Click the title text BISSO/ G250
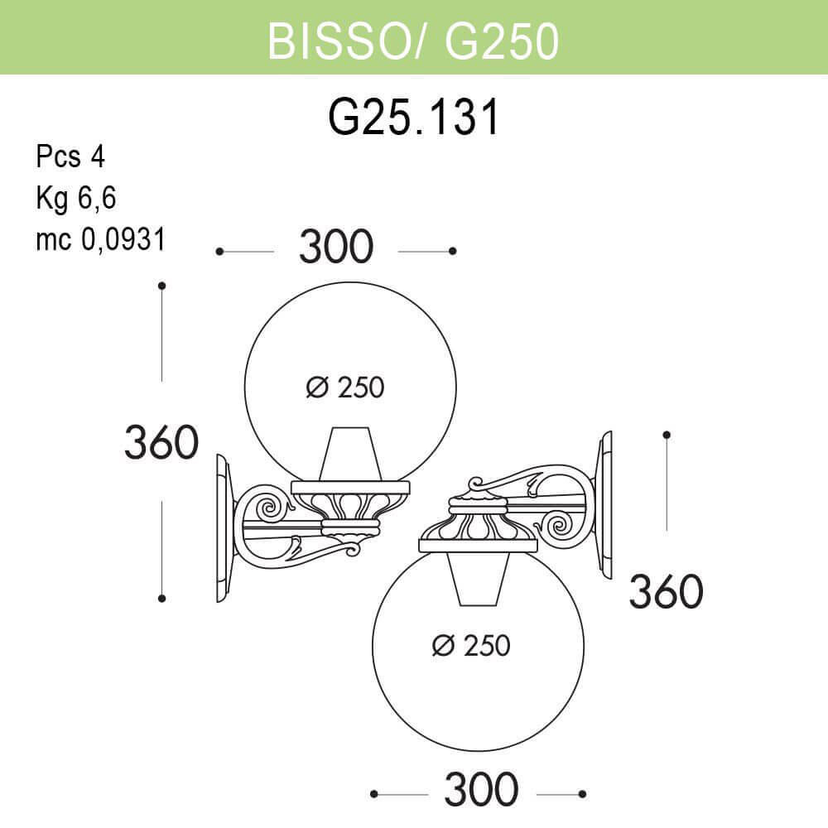(413, 40)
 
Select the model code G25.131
(413, 118)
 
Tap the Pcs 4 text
(70, 156)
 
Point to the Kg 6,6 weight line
(75, 198)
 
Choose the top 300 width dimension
(336, 248)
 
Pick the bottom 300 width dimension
(481, 791)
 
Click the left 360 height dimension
(161, 442)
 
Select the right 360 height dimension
(666, 591)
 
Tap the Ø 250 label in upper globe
(345, 387)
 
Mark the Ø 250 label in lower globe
(471, 645)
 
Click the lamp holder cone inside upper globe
(351, 454)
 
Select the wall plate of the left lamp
(223, 527)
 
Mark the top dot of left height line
(162, 286)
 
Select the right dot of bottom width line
(582, 793)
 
